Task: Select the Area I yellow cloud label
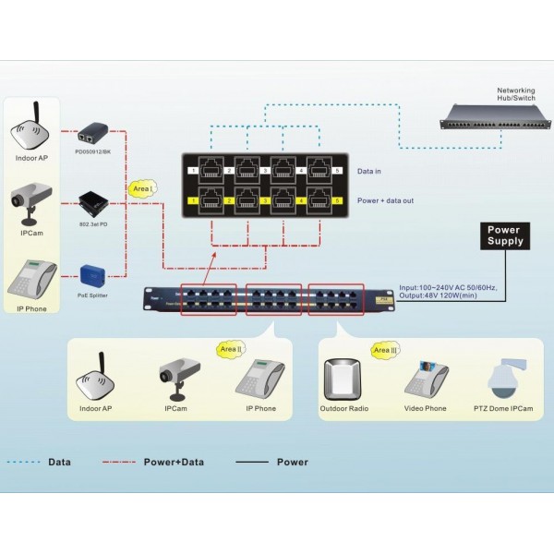pyautogui.click(x=141, y=187)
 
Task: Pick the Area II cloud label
pyautogui.click(x=231, y=349)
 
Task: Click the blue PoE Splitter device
pyautogui.click(x=94, y=274)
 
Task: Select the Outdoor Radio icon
pyautogui.click(x=343, y=379)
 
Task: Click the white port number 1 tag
pyautogui.click(x=194, y=172)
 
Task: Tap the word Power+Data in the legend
pyautogui.click(x=174, y=462)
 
